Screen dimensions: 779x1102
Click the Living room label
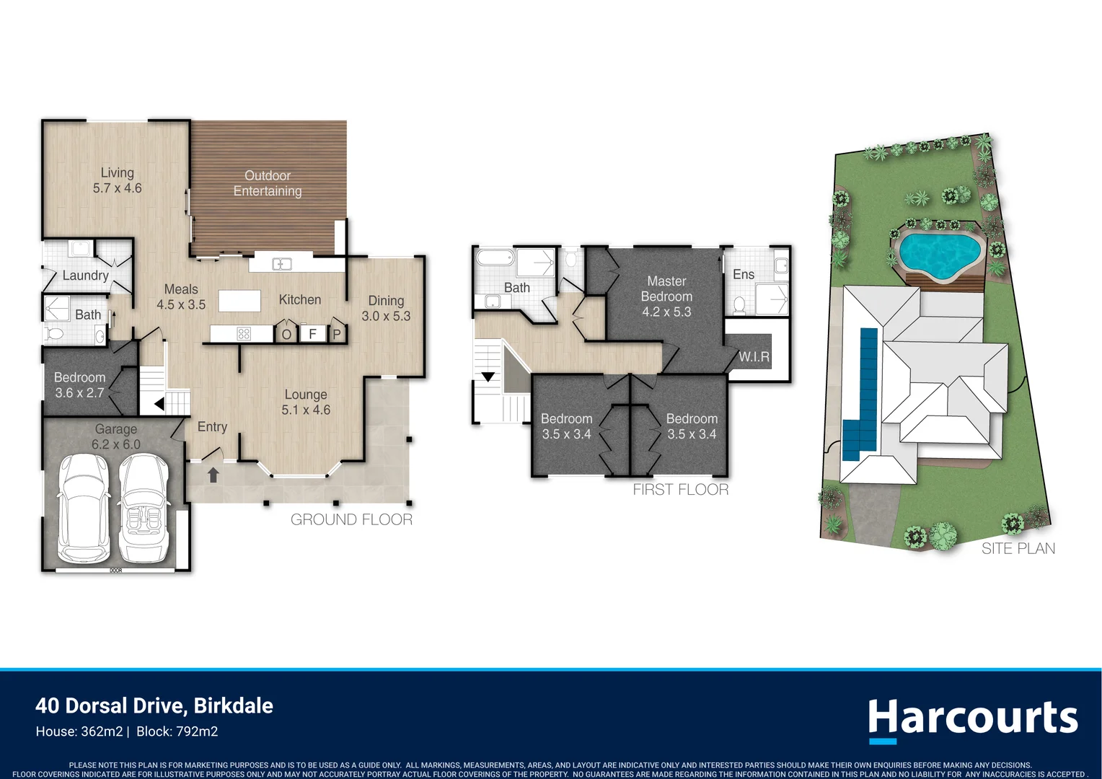point(117,180)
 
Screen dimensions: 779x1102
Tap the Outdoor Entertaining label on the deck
point(268,183)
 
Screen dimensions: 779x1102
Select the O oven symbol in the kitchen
point(286,334)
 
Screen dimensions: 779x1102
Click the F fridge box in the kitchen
point(312,333)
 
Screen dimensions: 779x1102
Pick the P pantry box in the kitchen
point(336,334)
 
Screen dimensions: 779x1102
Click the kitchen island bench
point(239,301)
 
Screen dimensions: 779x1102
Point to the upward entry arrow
point(213,475)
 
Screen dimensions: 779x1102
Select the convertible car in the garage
point(144,509)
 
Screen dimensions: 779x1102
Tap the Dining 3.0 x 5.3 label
point(386,308)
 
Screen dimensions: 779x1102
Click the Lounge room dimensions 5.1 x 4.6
point(306,410)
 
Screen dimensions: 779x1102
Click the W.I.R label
point(754,356)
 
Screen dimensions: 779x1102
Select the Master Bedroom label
point(666,289)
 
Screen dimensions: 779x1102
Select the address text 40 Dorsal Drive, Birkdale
point(154,705)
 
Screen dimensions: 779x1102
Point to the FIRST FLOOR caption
point(680,490)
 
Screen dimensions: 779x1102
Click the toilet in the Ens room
point(739,304)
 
